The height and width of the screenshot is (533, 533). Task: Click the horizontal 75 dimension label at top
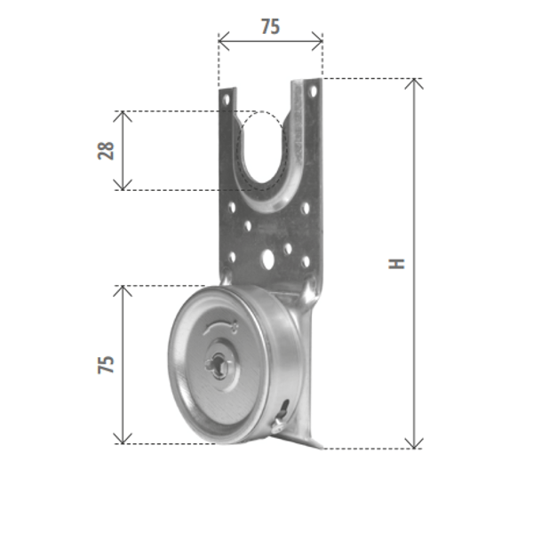271,27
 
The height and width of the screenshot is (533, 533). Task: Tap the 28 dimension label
106,151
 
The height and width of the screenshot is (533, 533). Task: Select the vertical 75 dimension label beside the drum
106,365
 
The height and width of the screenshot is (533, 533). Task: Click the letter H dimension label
396,264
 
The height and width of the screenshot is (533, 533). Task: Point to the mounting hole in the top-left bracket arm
226,99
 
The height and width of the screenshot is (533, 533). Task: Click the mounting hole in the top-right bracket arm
314,91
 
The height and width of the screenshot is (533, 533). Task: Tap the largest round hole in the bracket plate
267,259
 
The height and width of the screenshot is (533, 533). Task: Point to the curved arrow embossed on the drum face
221,327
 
